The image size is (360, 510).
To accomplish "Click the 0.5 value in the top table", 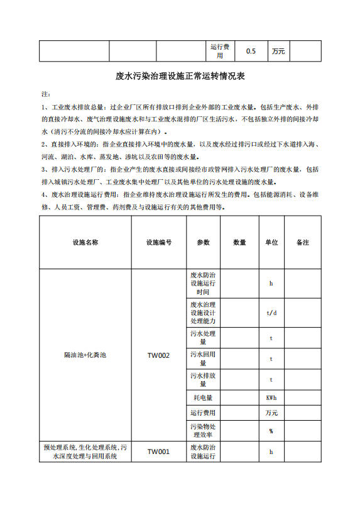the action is tap(251, 52).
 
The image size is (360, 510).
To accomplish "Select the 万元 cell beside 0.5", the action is tap(278, 52).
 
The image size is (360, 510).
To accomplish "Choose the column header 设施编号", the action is tap(158, 242).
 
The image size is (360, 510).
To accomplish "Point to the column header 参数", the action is tap(203, 242).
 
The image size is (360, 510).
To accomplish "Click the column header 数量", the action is tap(239, 242).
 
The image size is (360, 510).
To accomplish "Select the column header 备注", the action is tap(302, 242).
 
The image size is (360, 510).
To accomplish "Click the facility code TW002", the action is tap(158, 356).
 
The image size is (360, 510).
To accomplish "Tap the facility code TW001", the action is tap(158, 452).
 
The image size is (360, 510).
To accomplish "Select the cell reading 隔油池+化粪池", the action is tap(85, 356).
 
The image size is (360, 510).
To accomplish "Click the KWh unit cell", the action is tap(271, 397).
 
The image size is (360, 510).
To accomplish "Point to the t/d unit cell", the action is tap(271, 313).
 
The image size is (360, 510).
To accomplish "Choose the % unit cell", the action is tap(271, 431).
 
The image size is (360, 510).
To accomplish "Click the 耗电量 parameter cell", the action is tap(203, 397).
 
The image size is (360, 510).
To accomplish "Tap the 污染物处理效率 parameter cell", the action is tap(203, 431).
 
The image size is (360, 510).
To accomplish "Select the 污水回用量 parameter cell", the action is tap(203, 359).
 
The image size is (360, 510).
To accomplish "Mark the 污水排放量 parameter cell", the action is tap(203, 380).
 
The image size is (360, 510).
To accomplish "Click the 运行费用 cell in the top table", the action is tap(220, 52).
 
